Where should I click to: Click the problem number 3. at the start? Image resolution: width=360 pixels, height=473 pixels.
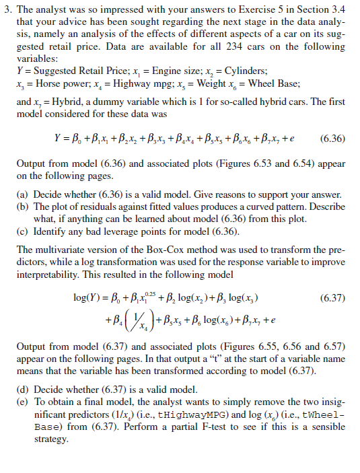pos(8,10)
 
